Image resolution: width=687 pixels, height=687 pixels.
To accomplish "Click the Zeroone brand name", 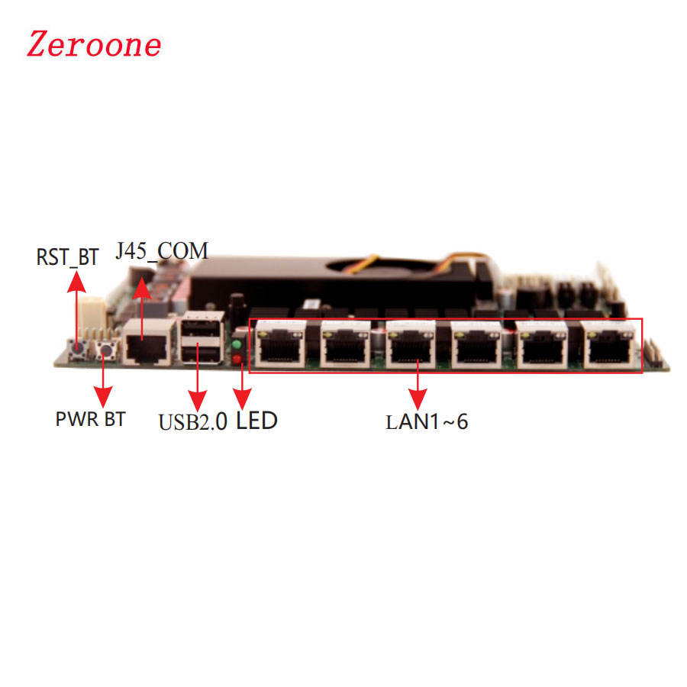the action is click(x=94, y=44).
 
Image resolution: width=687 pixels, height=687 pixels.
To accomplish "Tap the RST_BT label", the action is click(x=67, y=257).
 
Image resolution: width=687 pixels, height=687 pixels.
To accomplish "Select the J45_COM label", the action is click(x=161, y=250).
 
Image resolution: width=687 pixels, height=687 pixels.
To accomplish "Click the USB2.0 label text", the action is click(x=192, y=421).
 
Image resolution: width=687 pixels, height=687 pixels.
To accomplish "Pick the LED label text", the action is click(x=256, y=420).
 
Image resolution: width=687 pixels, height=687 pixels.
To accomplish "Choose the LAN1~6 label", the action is click(x=427, y=421).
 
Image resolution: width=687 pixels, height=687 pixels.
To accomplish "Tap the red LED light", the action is click(x=237, y=359).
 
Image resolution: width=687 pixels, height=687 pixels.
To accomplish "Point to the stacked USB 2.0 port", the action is click(x=200, y=341).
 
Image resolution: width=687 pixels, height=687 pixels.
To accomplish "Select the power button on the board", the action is click(x=105, y=352).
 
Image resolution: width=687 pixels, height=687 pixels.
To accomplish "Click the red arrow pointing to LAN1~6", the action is click(x=418, y=385).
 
